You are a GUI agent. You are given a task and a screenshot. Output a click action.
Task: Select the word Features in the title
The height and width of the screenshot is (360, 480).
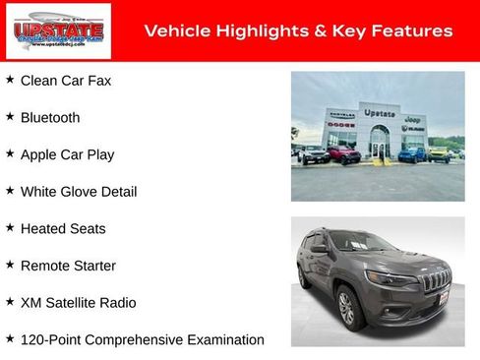[415, 31]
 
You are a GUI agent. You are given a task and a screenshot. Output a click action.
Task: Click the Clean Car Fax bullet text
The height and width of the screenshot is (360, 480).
[65, 80]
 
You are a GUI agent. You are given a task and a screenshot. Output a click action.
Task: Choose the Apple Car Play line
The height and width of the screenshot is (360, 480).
[67, 154]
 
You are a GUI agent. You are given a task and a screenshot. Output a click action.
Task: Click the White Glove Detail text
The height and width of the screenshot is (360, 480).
[79, 192]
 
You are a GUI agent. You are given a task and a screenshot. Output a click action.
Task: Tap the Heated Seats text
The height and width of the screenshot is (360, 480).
[63, 228]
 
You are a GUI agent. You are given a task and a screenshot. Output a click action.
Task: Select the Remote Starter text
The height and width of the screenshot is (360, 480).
[68, 266]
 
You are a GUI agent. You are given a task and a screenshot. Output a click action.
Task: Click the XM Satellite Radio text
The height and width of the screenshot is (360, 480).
[79, 303]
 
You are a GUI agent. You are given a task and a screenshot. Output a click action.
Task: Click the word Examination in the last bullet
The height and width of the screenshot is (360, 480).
[226, 340]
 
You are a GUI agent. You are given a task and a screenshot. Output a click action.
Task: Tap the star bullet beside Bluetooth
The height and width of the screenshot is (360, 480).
[10, 116]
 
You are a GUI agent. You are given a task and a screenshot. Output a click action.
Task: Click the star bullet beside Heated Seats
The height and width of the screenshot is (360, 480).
[10, 227]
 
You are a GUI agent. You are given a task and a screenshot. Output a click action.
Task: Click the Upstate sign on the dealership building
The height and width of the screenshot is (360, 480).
[380, 113]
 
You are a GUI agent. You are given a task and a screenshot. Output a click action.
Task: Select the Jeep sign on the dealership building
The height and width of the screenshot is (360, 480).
[413, 118]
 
